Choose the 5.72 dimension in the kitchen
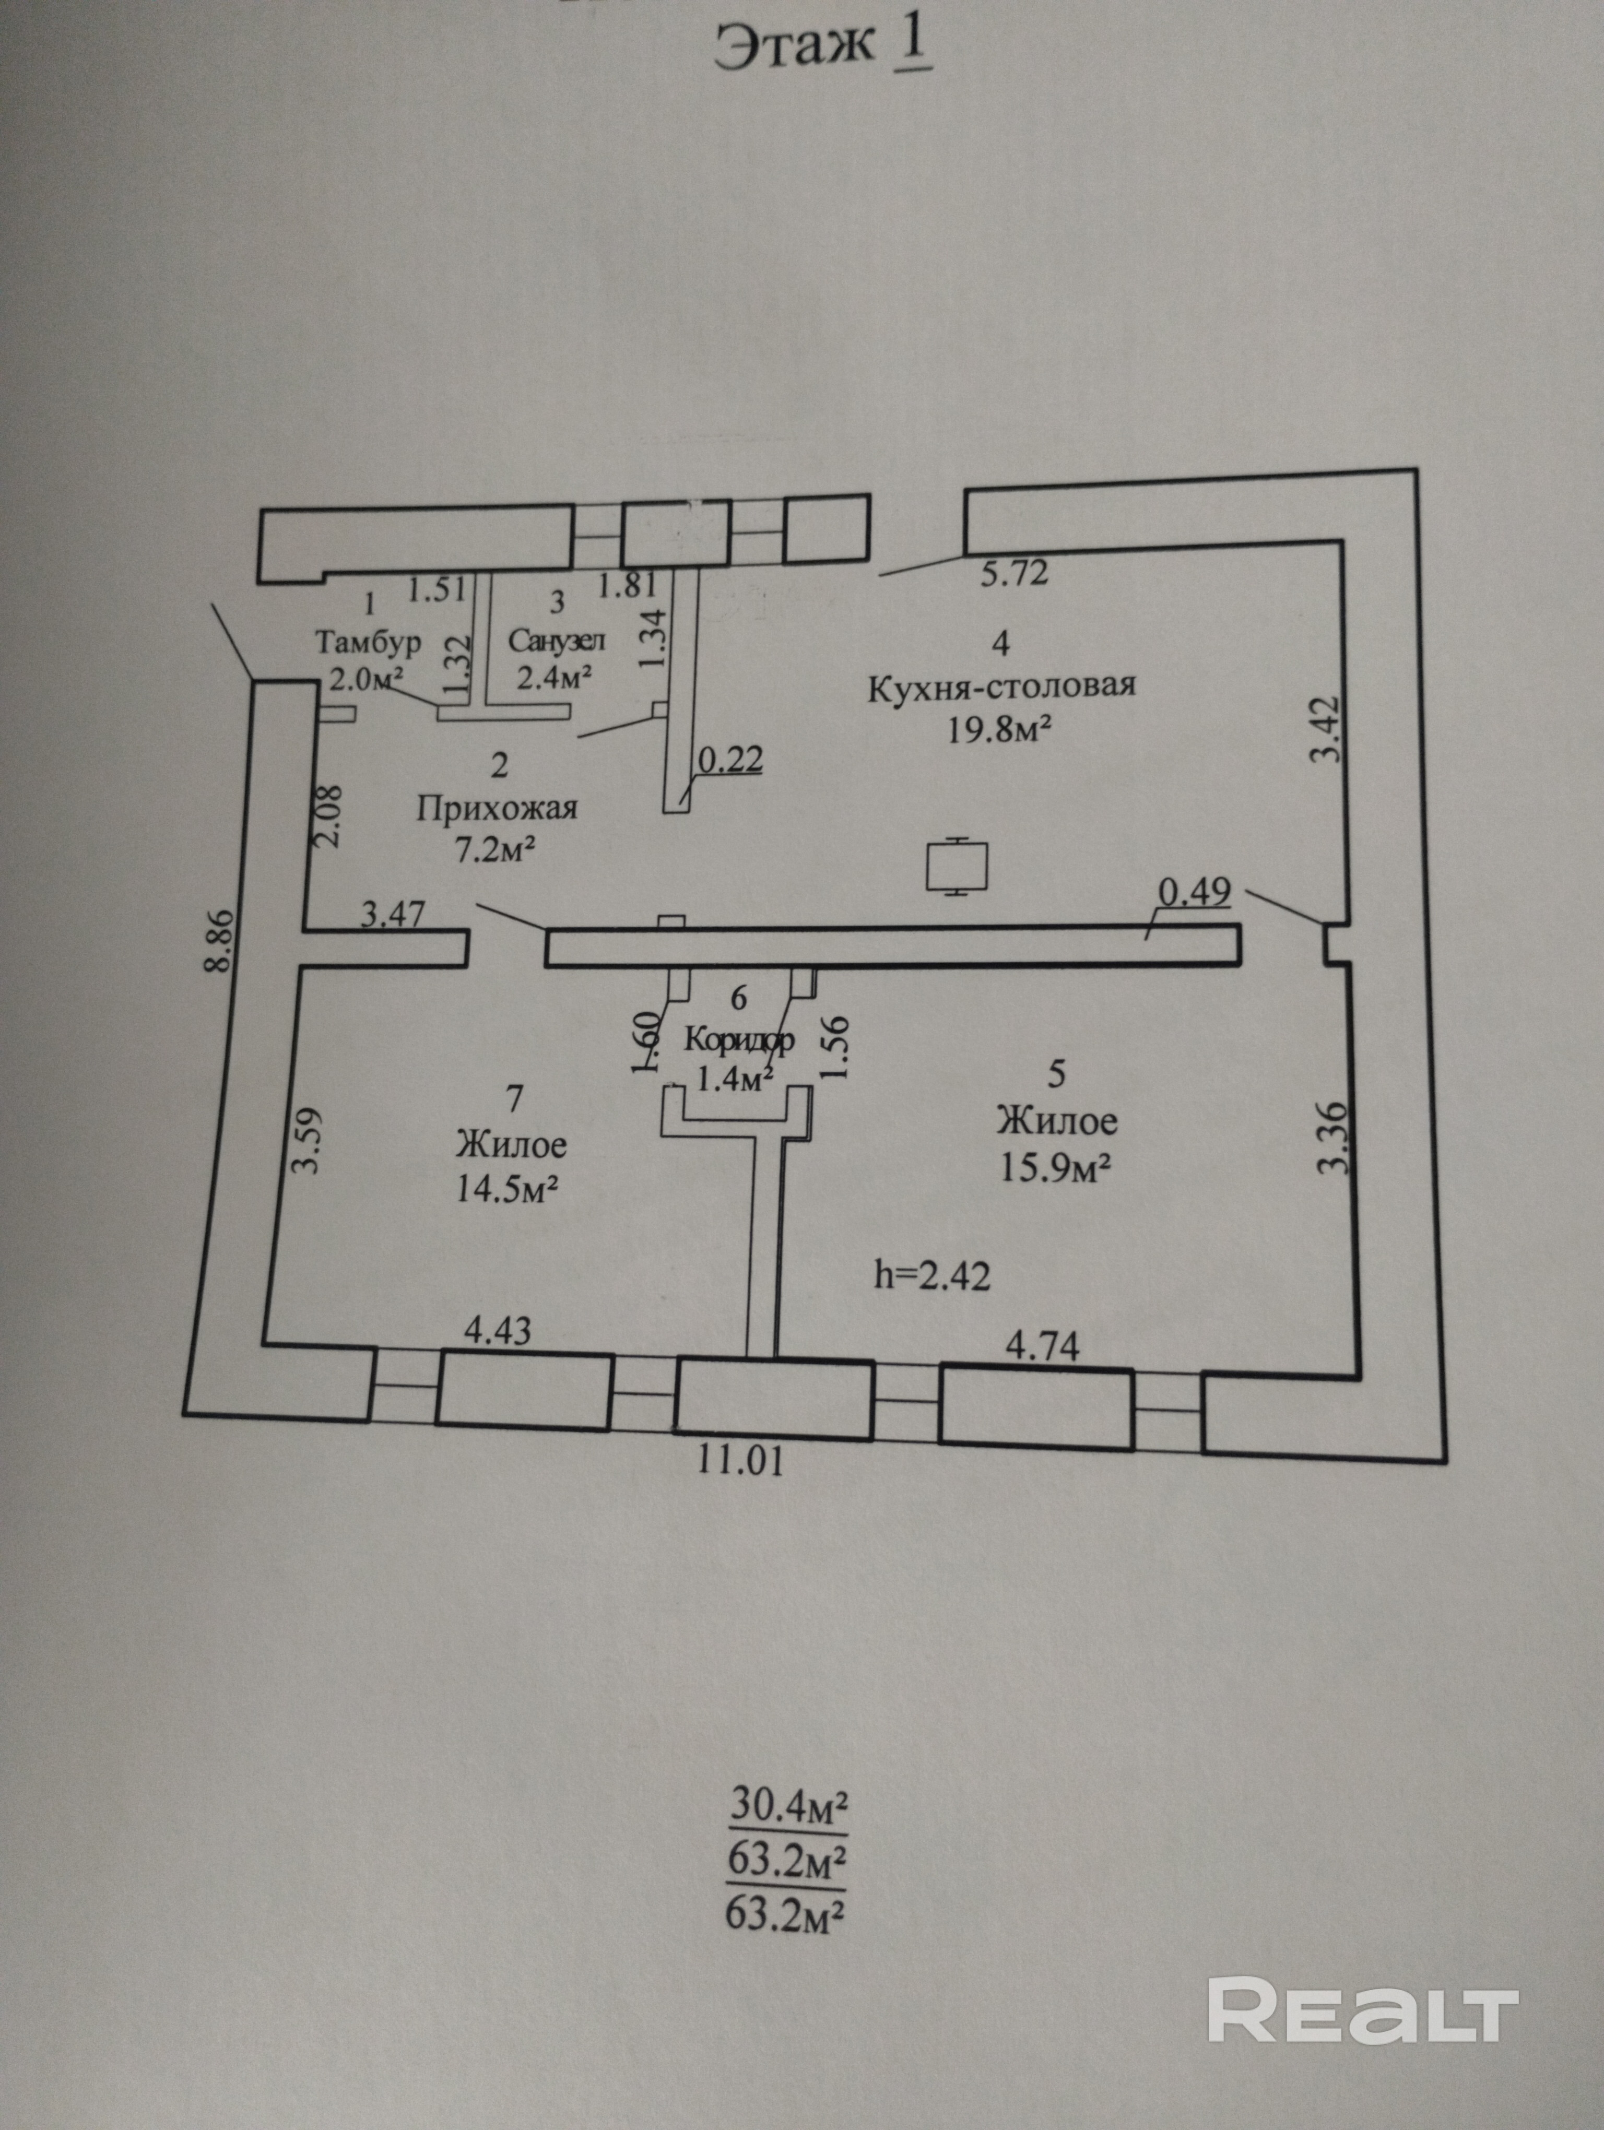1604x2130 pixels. pos(1014,574)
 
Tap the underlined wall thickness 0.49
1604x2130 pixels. pos(1194,892)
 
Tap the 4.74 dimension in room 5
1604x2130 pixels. pos(1043,1346)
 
